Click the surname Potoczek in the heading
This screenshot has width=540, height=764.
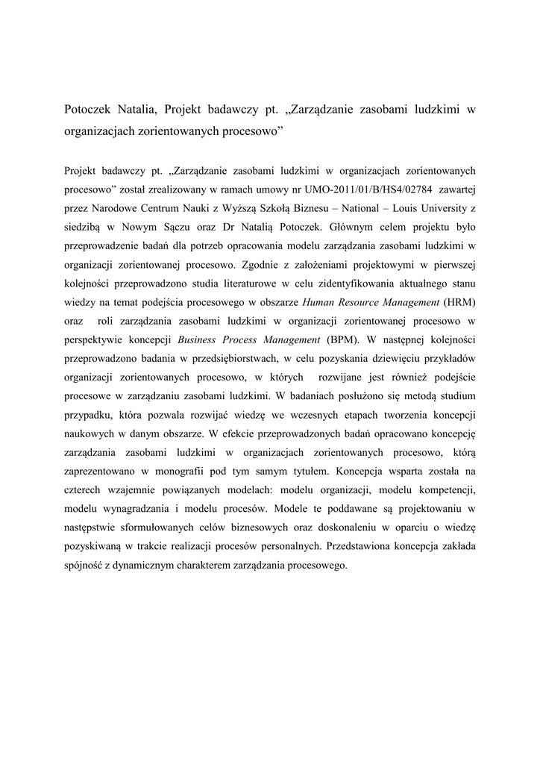[x=88, y=110]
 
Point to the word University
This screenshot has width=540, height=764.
[x=442, y=208]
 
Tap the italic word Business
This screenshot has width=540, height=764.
[x=200, y=339]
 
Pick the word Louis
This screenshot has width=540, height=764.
[x=399, y=208]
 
